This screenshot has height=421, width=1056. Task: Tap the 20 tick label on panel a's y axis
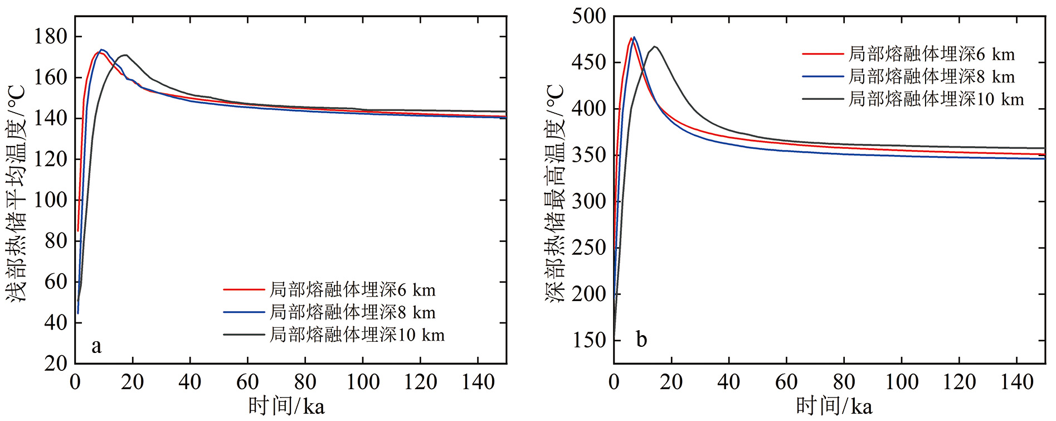(x=56, y=364)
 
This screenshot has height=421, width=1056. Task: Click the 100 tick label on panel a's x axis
(x=363, y=383)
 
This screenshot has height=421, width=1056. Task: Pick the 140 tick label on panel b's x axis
(x=1017, y=383)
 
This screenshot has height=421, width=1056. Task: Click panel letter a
(x=96, y=346)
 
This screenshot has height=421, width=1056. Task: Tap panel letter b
(x=641, y=340)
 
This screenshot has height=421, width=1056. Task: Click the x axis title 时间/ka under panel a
(x=286, y=406)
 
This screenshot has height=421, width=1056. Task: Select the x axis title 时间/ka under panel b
(x=834, y=406)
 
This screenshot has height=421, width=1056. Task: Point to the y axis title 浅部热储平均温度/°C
(x=17, y=193)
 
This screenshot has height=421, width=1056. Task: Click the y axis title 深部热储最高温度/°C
(x=555, y=193)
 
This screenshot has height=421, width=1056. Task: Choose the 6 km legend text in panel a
(x=353, y=290)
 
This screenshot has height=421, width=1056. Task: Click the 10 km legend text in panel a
(x=357, y=335)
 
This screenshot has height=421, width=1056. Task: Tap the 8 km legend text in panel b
(x=932, y=76)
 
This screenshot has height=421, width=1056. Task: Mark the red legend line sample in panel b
(x=823, y=54)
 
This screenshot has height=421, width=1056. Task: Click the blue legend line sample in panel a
(x=244, y=312)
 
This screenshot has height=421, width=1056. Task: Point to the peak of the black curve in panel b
(x=655, y=46)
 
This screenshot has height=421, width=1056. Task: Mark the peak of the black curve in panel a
(x=125, y=55)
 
